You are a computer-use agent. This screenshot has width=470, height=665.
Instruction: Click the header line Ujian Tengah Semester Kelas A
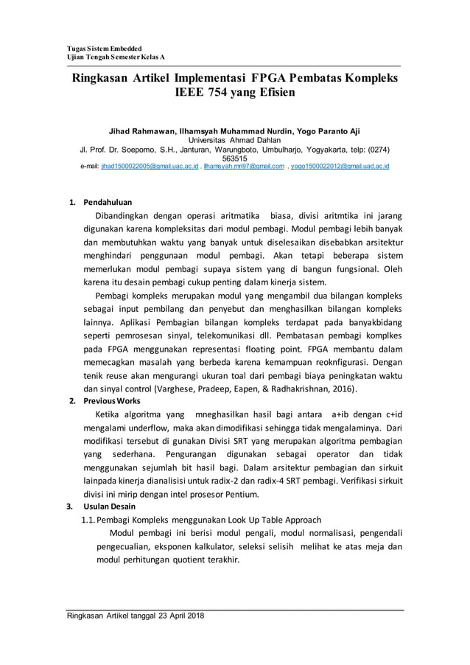click(x=113, y=57)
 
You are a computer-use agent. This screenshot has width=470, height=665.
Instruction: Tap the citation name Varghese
click(x=174, y=389)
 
